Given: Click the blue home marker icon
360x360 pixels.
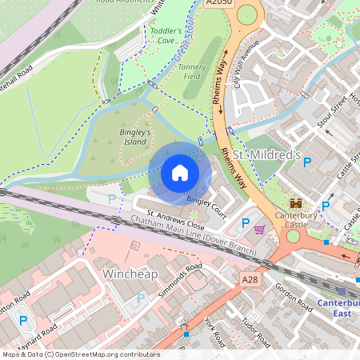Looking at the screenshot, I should point(180,172).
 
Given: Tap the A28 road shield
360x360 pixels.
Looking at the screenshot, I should point(250,279).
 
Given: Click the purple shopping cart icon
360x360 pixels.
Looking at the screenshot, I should point(259,230).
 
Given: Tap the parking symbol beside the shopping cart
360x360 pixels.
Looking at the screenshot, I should point(246,223).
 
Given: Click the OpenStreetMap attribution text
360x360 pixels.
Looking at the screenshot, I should point(80,354).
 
